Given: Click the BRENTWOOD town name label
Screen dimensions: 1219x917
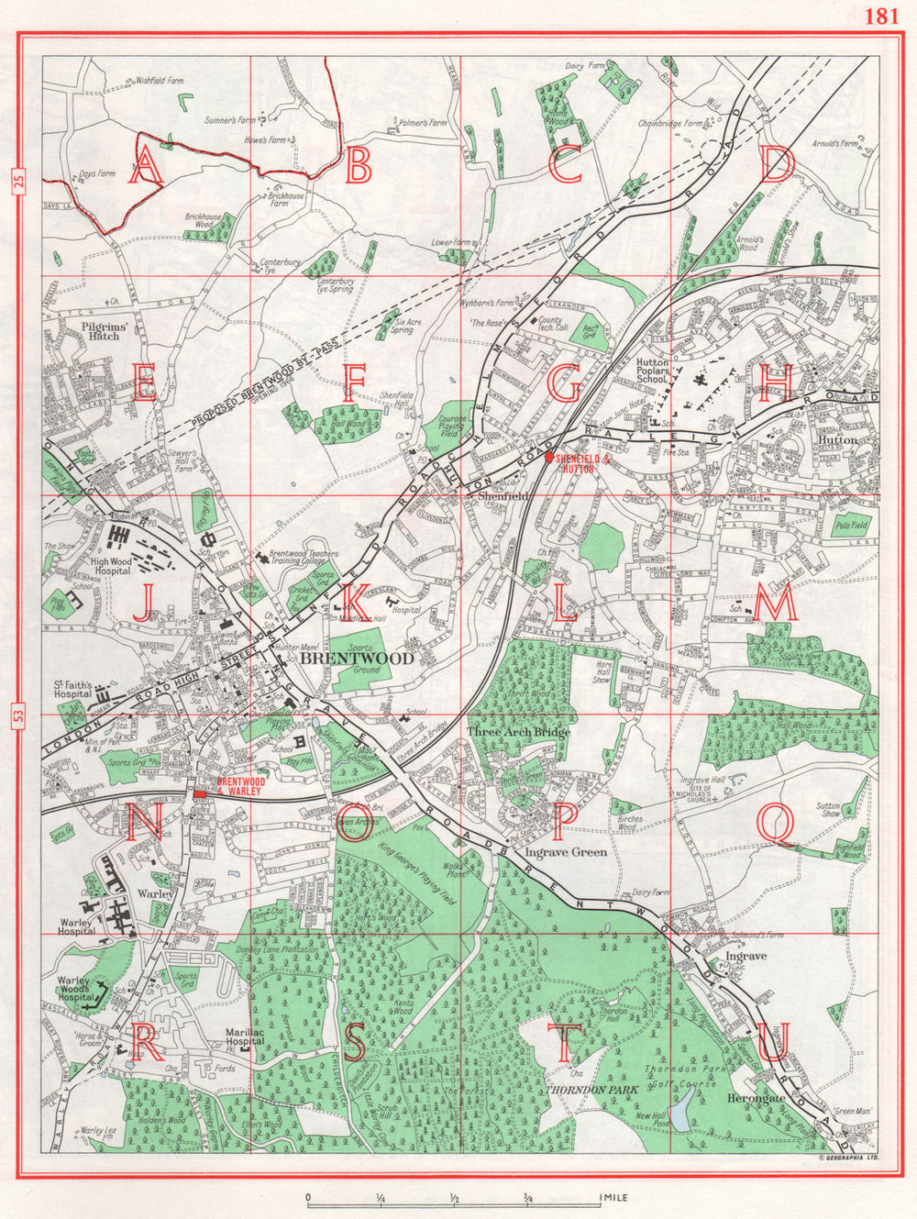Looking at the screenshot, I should point(345,659).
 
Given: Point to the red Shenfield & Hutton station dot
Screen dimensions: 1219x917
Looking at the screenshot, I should point(548,456).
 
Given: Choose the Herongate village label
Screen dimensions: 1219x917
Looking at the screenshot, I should point(756,1098).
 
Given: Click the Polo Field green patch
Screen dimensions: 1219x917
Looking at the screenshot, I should point(851,526).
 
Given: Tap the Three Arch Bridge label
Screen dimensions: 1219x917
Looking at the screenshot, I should point(518,732).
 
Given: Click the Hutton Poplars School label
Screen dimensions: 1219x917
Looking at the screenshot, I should point(652,370).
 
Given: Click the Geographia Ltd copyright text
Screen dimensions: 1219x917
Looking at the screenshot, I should point(849,1158).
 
